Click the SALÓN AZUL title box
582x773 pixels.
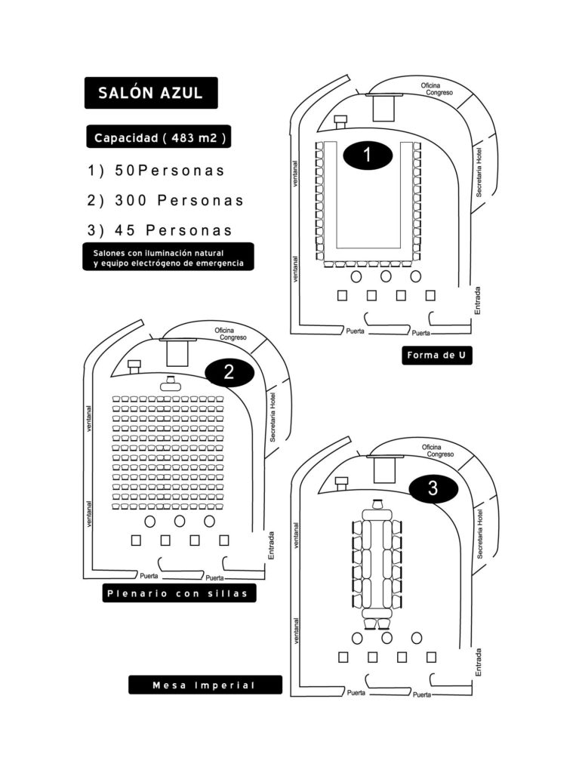(151, 93)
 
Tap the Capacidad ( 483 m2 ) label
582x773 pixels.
(159, 137)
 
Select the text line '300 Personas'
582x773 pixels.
(165, 201)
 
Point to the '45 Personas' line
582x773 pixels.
(160, 230)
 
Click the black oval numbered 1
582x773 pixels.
(367, 155)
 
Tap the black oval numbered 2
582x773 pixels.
(229, 371)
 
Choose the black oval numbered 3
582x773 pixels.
(433, 488)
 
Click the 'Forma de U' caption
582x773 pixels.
(436, 355)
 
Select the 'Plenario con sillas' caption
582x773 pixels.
(179, 593)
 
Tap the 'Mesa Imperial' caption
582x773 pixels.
(205, 685)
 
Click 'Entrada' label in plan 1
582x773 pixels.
(477, 300)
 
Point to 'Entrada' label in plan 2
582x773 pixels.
(270, 545)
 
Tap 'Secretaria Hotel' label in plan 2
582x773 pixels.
(273, 417)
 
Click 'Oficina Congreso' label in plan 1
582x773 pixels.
(436, 89)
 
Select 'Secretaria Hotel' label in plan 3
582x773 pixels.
(479, 534)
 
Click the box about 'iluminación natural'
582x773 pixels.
(168, 257)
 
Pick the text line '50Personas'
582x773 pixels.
(156, 171)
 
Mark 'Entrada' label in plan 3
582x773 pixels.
(477, 662)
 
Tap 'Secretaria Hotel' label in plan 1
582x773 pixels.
(479, 173)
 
